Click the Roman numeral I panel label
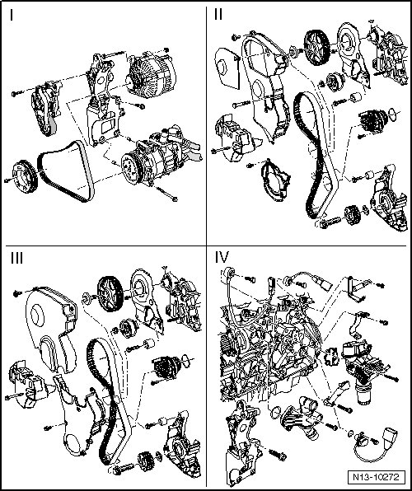pyautogui.click(x=12, y=15)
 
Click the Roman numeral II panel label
pyautogui.click(x=218, y=14)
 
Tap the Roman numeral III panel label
pyautogui.click(x=16, y=259)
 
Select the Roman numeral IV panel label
pyautogui.click(x=222, y=257)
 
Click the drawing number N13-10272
pyautogui.click(x=376, y=477)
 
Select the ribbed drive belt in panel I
pyautogui.click(x=65, y=170)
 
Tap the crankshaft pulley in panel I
pyautogui.click(x=25, y=176)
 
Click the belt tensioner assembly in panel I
pyautogui.click(x=45, y=108)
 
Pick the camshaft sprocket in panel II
pyautogui.click(x=316, y=48)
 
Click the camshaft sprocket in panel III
pyautogui.click(x=110, y=294)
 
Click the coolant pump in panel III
pyautogui.click(x=166, y=367)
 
